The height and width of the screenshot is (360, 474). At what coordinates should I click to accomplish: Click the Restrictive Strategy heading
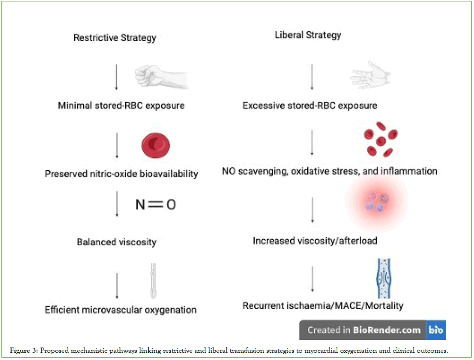pos(115,37)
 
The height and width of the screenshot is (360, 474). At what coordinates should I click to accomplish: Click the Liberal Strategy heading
pos(308,35)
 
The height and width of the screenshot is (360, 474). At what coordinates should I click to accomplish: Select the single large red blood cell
pos(156,145)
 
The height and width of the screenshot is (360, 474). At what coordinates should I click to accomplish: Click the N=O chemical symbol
pos(155,204)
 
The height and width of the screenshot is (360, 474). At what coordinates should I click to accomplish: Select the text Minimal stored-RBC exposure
pos(121,105)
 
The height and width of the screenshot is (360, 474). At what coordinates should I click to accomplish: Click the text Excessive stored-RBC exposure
pos(310,105)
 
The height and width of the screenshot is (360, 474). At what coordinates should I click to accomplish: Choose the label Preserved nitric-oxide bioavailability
pos(121,174)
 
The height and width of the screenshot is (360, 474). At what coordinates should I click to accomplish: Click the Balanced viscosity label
pos(117,242)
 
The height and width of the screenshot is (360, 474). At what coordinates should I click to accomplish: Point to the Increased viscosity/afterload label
pos(315,240)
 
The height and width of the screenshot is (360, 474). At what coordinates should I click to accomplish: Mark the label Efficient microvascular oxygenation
pos(121,310)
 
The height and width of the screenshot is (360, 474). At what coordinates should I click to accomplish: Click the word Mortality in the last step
pos(384,305)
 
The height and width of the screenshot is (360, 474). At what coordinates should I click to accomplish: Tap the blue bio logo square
pos(436,330)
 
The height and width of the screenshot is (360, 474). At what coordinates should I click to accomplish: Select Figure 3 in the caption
pos(24,351)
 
